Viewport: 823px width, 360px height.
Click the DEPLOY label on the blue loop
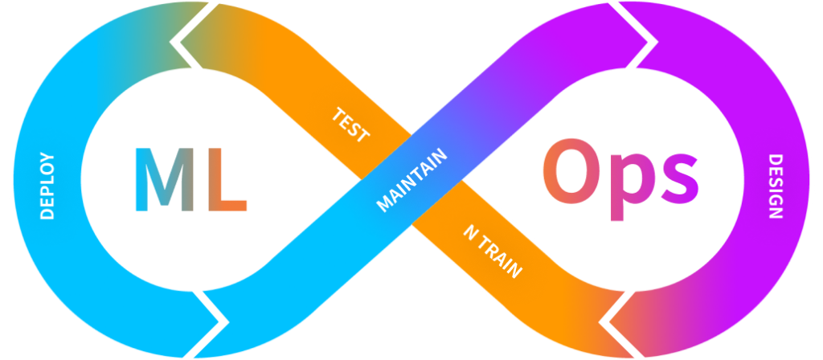pos(47,186)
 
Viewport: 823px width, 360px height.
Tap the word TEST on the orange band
pos(350,125)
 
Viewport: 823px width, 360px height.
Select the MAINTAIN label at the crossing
pos(412,180)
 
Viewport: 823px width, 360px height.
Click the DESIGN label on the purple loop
pos(776,186)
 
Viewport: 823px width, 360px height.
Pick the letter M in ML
pos(165,179)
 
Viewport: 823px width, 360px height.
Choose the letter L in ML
pos(227,179)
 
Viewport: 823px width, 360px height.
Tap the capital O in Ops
pos(572,171)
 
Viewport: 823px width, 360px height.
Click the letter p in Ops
pos(633,186)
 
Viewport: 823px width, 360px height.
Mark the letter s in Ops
pos(680,178)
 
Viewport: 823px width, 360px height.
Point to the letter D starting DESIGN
pos(776,160)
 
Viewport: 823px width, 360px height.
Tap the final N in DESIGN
pos(776,213)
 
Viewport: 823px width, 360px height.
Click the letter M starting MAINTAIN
pos(384,205)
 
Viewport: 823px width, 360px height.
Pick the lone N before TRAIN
pos(470,232)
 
